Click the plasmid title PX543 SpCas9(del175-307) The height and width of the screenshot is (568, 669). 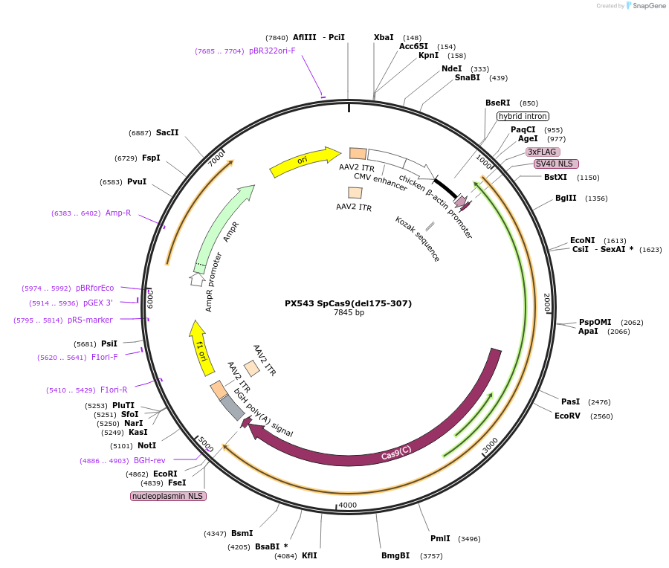pyautogui.click(x=348, y=303)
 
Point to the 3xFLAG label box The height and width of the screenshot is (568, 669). pyautogui.click(x=542, y=152)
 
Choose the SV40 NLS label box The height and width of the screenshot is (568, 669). pyautogui.click(x=555, y=164)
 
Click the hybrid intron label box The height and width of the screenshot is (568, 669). pyautogui.click(x=523, y=116)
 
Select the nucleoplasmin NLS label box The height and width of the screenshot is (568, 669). pyautogui.click(x=168, y=496)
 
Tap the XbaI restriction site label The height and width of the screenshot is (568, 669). pyautogui.click(x=384, y=37)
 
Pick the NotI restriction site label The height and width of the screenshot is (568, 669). pyautogui.click(x=146, y=446)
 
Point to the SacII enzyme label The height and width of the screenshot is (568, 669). pyautogui.click(x=167, y=133)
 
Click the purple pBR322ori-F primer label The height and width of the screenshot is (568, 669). pyautogui.click(x=272, y=51)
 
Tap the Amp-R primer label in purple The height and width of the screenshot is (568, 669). pyautogui.click(x=118, y=213)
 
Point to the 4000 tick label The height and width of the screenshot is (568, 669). pyautogui.click(x=347, y=506)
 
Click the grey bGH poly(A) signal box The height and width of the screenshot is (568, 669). pyautogui.click(x=232, y=407)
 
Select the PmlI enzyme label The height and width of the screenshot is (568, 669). pyautogui.click(x=440, y=538)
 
